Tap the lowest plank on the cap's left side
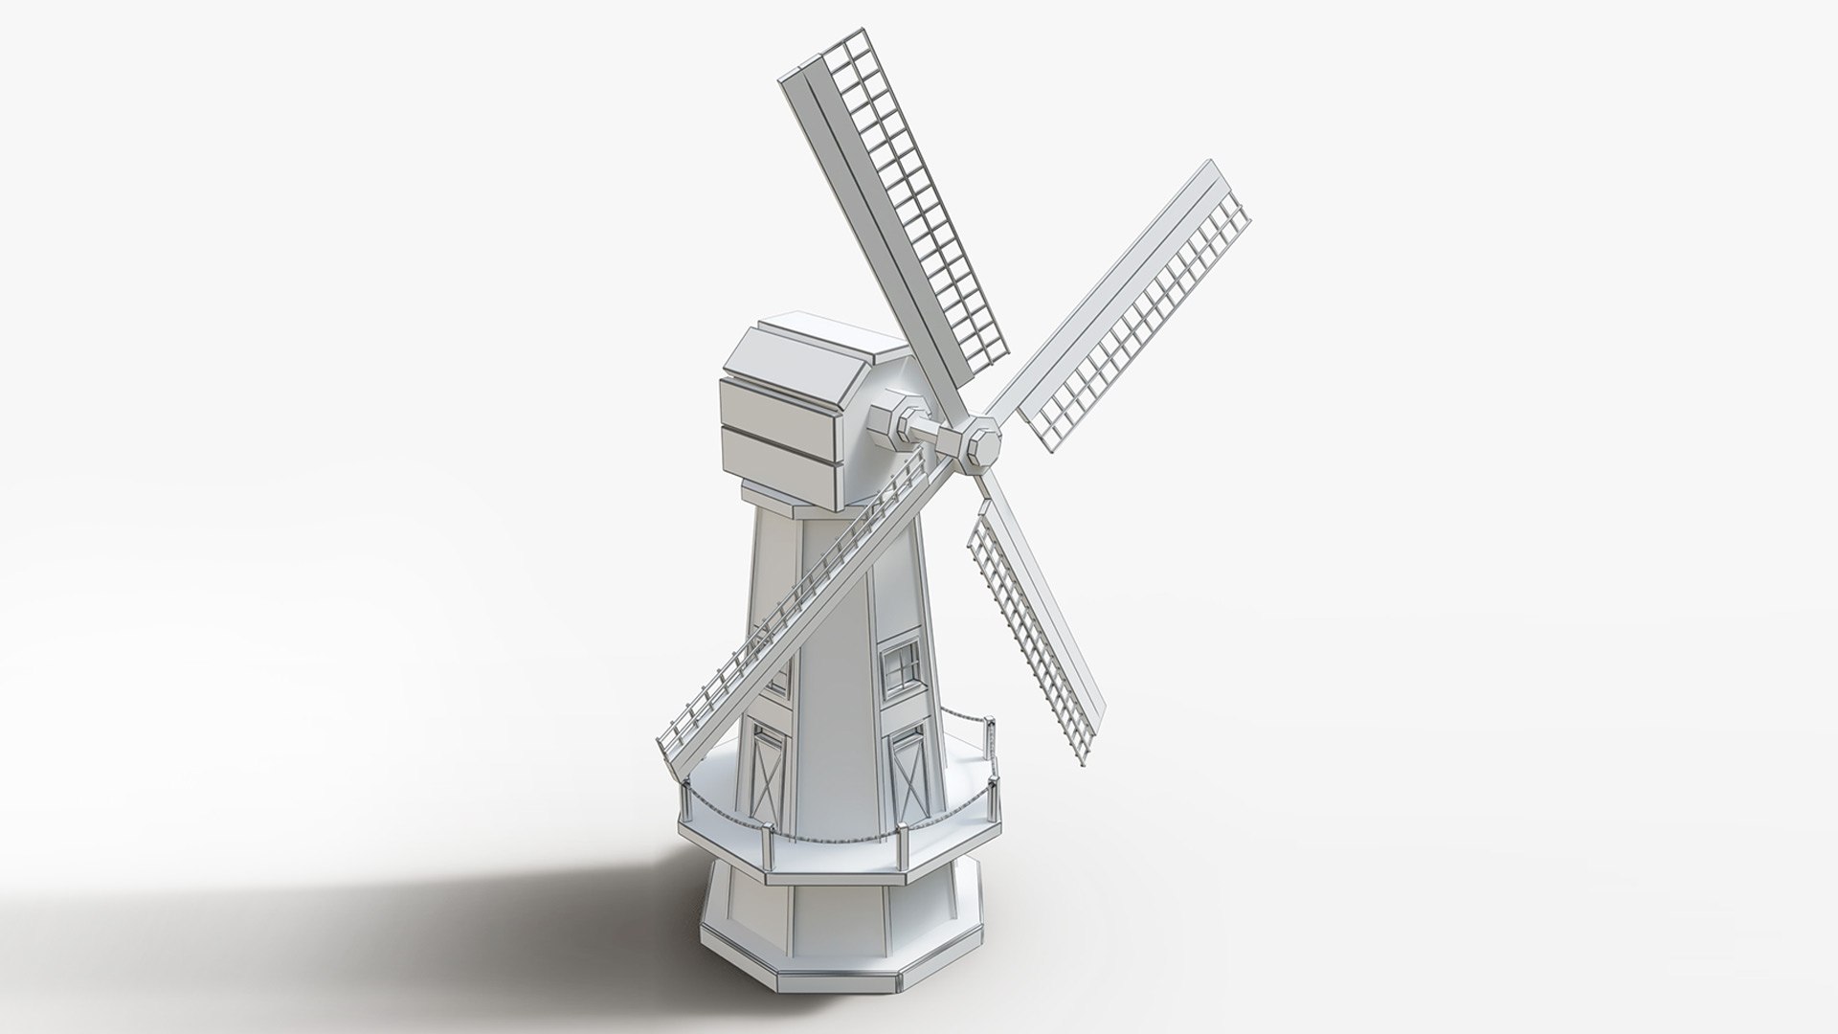tap(775, 464)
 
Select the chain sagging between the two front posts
tap(833, 843)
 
